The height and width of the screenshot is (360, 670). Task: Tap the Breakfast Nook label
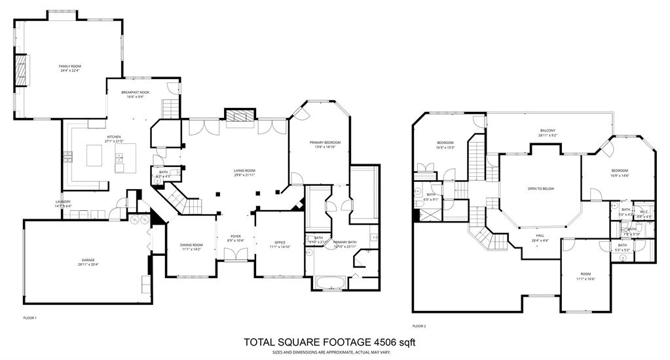pos(135,93)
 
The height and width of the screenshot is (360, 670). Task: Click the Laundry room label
pos(64,202)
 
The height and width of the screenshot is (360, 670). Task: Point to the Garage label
pos(88,261)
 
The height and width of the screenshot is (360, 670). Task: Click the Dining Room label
pos(191,245)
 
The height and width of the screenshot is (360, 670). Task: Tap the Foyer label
pos(236,237)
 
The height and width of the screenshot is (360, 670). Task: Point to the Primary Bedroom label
pos(326,143)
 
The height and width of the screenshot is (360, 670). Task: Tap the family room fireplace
pos(22,68)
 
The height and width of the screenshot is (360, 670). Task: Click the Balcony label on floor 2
pos(548,131)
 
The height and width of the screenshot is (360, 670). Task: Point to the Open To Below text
pos(540,189)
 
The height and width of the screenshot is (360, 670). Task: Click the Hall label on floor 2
pos(540,237)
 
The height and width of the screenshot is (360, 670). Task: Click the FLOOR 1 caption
pos(30,318)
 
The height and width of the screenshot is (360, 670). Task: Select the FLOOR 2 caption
pos(419,325)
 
